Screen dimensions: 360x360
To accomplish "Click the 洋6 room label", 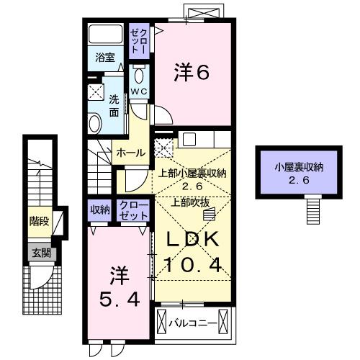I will click(x=193, y=72).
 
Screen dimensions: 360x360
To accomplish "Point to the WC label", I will click(x=139, y=91).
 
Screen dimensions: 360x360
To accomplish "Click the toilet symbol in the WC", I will click(x=139, y=76).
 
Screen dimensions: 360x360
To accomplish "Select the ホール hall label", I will click(x=130, y=153).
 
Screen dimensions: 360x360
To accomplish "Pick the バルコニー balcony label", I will click(x=193, y=323).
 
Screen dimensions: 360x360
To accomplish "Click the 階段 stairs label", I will click(x=39, y=222).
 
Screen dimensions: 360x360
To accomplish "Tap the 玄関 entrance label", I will click(x=39, y=252).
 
